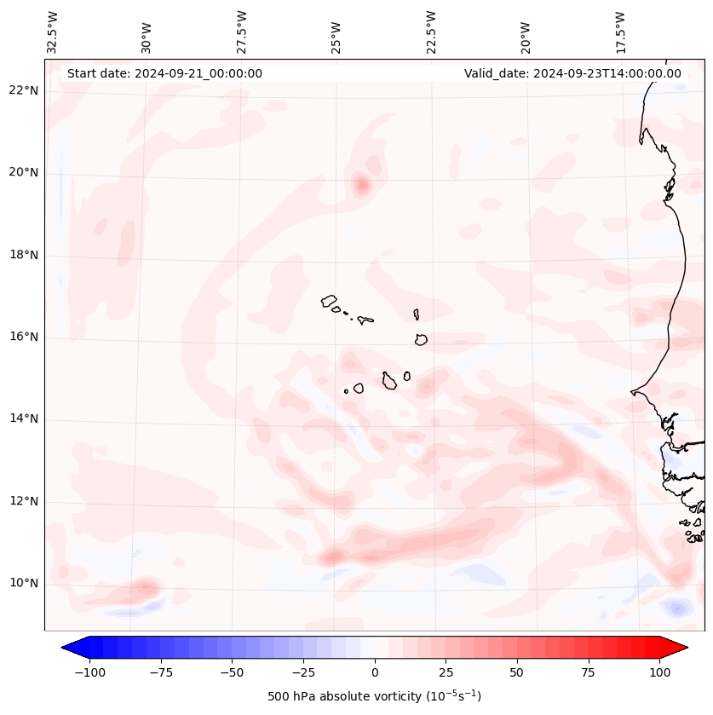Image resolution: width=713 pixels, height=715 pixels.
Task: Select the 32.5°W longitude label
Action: pos(53,32)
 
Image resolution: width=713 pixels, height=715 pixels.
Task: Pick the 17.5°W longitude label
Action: pos(620,32)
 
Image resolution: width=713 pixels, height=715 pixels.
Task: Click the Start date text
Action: pos(164,73)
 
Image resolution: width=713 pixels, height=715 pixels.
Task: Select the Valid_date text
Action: pos(572,73)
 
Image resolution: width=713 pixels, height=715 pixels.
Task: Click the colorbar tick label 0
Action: pos(375,672)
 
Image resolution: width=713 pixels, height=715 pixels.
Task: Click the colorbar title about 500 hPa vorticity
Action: pos(374,696)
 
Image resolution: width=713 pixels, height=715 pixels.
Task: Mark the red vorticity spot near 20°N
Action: pos(361,184)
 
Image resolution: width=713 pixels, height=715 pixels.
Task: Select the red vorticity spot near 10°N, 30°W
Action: pos(147,587)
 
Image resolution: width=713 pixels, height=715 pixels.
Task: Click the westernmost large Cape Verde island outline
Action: pos(329,301)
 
